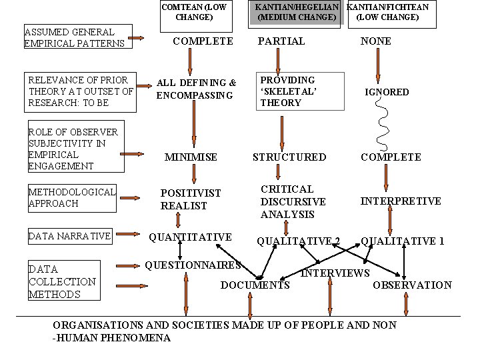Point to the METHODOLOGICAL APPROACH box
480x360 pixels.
tap(71, 197)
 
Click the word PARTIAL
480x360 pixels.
tap(281, 41)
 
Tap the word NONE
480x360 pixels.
tap(376, 41)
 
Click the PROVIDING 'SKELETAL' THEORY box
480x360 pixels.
tap(301, 91)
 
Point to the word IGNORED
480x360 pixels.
tap(387, 92)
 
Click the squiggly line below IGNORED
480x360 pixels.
tap(383, 123)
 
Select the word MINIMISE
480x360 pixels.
tap(191, 157)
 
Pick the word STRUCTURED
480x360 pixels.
tap(289, 157)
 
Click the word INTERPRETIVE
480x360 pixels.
tap(401, 201)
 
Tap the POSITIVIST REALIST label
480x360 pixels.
tap(191, 199)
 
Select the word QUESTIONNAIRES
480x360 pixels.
tap(193, 265)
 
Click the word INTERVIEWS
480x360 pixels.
tap(335, 273)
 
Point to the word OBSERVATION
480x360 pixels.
tap(412, 285)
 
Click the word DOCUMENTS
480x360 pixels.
tap(255, 285)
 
